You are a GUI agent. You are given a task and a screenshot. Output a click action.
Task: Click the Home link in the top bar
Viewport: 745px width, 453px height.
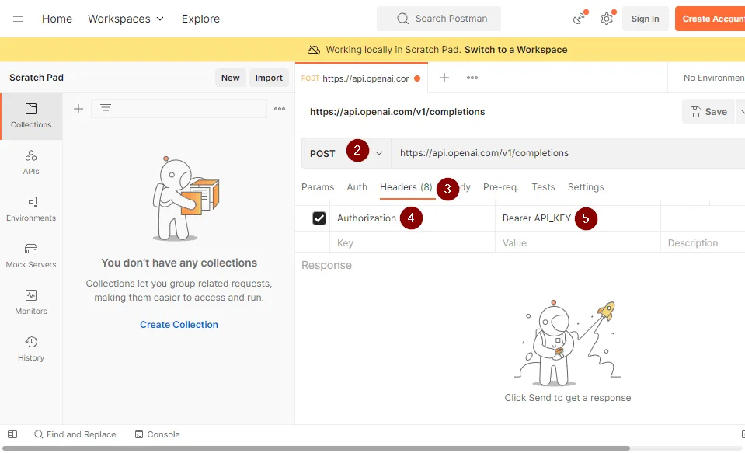pos(57,19)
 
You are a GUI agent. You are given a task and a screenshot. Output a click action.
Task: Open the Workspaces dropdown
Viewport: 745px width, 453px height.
pos(126,19)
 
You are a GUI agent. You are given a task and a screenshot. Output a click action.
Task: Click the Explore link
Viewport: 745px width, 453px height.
pos(200,19)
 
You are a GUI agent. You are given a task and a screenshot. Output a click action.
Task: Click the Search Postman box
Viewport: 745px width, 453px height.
pos(439,19)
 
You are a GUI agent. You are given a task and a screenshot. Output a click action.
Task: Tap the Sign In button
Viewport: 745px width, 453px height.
pos(645,19)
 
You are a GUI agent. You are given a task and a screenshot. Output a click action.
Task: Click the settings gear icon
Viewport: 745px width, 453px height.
pos(606,19)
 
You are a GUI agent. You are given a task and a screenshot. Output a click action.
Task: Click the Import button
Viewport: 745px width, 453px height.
pos(269,78)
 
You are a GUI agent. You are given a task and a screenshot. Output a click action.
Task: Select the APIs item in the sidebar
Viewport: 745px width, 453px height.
pos(31,162)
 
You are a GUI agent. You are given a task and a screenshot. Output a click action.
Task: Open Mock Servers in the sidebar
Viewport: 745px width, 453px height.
pos(31,256)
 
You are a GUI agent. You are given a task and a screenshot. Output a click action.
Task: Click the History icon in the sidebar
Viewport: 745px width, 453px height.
pos(31,342)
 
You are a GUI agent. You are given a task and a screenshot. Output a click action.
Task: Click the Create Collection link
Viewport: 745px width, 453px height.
pos(179,325)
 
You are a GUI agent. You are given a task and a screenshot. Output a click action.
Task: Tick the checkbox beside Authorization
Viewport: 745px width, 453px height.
pos(319,218)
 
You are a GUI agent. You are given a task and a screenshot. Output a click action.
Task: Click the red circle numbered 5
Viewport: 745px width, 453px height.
pos(586,218)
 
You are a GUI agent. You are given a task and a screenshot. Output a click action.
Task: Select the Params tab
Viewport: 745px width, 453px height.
pos(318,187)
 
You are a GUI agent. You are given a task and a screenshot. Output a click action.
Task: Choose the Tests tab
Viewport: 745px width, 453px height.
pos(543,187)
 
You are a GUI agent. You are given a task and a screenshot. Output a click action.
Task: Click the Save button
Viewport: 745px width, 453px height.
pos(708,112)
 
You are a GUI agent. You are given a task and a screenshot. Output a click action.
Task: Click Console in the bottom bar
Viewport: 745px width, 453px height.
pos(157,434)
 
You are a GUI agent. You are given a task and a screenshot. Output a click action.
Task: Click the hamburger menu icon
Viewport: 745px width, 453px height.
pos(18,19)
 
